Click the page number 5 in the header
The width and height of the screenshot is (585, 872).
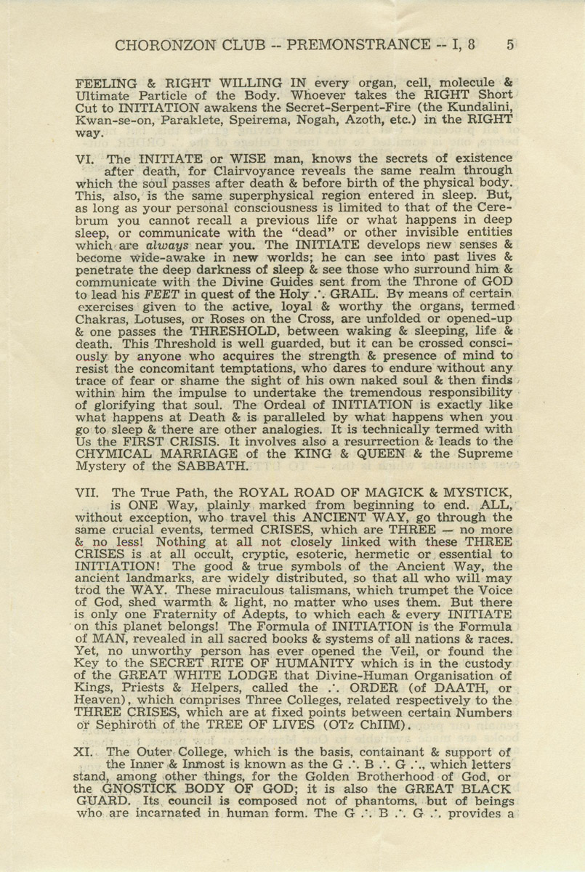510,44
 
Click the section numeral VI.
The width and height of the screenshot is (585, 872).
86,158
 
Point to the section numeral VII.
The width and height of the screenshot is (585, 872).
89,492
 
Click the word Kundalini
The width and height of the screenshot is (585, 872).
477,108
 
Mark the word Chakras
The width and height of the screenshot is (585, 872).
100,320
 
